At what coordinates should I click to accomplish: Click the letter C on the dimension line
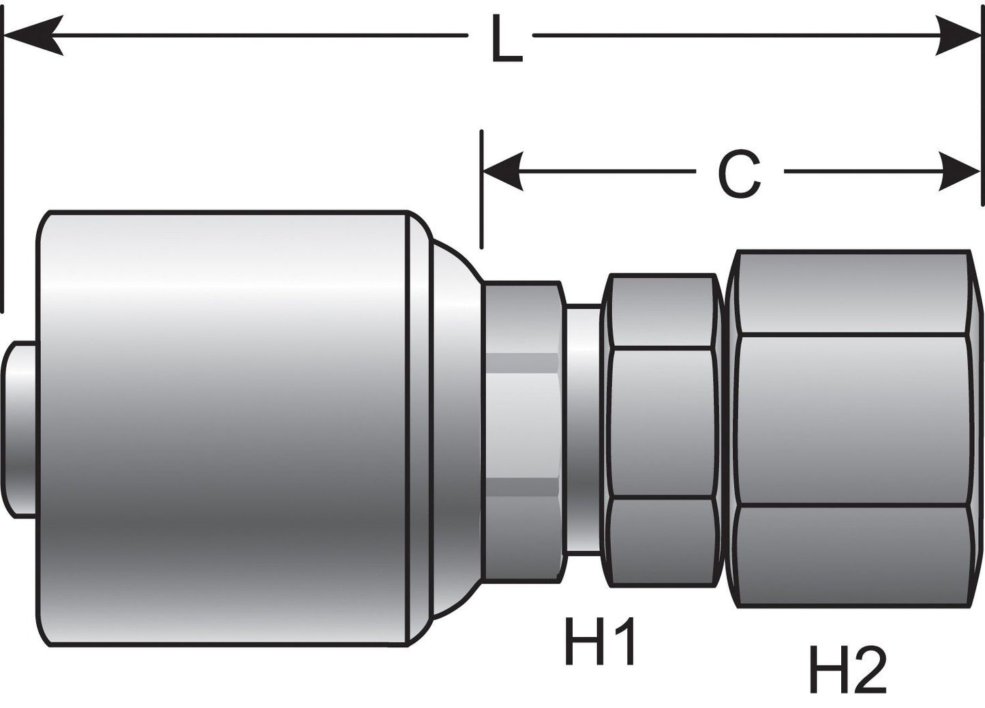[739, 175]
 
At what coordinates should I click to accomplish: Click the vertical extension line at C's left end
[482, 191]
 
